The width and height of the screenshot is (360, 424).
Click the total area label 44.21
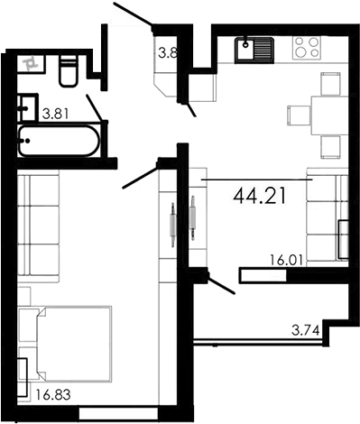[x=259, y=196]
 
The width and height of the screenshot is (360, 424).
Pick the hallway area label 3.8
[x=167, y=53]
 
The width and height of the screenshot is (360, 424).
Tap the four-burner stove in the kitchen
[x=308, y=47]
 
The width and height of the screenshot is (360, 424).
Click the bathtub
[x=60, y=142]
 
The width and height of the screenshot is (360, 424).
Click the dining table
[x=328, y=113]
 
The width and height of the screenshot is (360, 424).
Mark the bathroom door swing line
[x=97, y=106]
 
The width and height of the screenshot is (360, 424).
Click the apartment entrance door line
[x=134, y=15]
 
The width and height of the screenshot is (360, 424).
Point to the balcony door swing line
[x=221, y=285]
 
